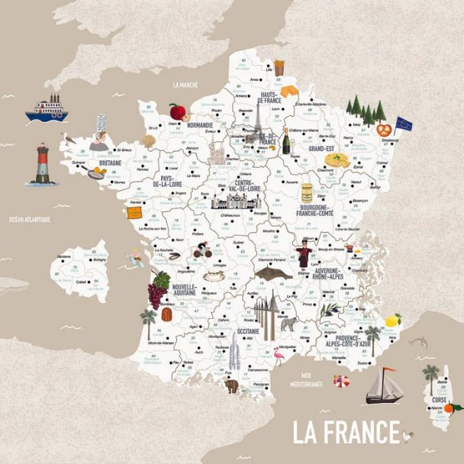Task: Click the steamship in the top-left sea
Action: pyautogui.click(x=47, y=109)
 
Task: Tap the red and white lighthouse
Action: pyautogui.click(x=43, y=165)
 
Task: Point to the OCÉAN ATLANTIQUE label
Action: pyautogui.click(x=29, y=220)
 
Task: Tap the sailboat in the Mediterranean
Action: pyautogui.click(x=385, y=386)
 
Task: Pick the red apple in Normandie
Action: pyautogui.click(x=177, y=112)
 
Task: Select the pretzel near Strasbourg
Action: pyautogui.click(x=384, y=129)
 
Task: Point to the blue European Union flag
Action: pyautogui.click(x=403, y=124)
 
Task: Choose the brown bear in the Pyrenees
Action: pyautogui.click(x=231, y=386)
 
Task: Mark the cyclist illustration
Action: pyautogui.click(x=201, y=250)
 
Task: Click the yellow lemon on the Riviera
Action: pyautogui.click(x=393, y=320)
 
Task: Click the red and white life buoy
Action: pyautogui.click(x=340, y=381)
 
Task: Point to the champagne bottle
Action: pyautogui.click(x=287, y=141)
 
